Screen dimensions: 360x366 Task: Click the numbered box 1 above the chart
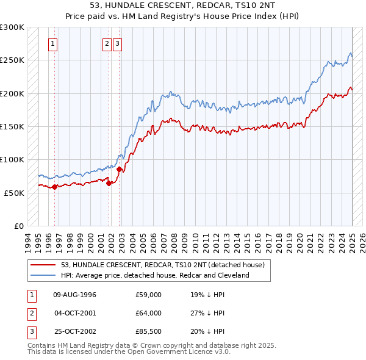(54, 43)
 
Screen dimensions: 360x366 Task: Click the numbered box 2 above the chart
(107, 43)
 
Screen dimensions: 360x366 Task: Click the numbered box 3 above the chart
(117, 43)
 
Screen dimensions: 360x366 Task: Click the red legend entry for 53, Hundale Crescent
(162, 265)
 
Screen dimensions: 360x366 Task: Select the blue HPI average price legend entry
(155, 275)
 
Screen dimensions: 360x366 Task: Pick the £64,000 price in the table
(148, 313)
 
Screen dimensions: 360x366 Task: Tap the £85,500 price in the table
(148, 331)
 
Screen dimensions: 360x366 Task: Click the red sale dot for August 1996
(54, 187)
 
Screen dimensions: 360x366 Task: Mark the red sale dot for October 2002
(120, 169)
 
